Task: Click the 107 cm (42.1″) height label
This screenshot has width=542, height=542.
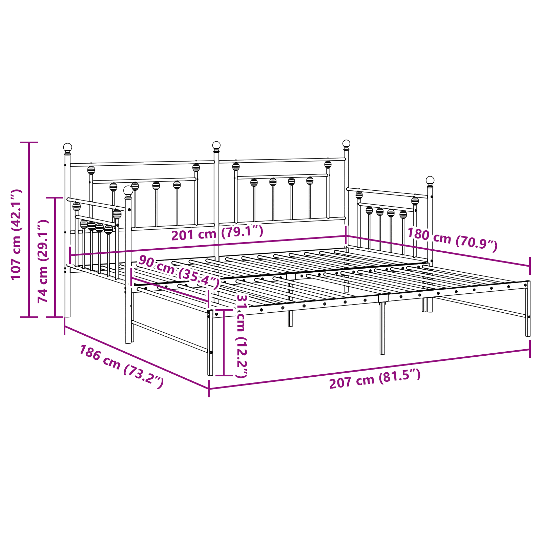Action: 16,234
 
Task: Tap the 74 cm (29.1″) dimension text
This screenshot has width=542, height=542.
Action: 43,261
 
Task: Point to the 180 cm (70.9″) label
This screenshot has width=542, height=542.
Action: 452,239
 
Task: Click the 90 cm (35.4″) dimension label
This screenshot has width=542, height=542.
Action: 179,272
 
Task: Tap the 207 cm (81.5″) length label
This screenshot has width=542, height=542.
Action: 375,379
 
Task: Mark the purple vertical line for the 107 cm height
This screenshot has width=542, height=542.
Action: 29,230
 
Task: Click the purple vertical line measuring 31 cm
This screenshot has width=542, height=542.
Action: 224,342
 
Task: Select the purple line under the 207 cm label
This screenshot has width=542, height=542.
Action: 370,368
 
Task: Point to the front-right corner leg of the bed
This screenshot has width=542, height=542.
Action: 528,309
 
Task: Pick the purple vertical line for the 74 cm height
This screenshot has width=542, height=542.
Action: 55,257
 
